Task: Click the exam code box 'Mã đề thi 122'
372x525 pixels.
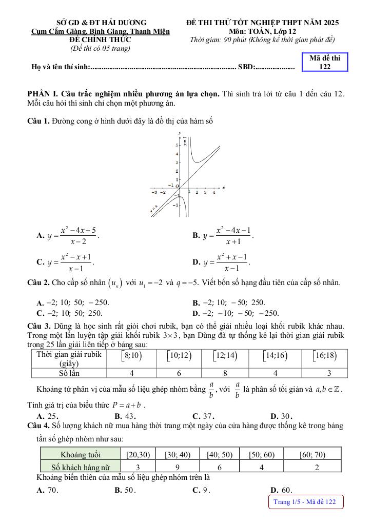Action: [325, 62]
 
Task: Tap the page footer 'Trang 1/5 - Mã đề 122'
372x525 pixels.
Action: [305, 501]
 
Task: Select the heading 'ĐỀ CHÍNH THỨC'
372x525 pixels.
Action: [101, 39]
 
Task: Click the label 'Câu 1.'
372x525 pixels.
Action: [38, 122]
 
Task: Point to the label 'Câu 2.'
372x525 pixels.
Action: [38, 282]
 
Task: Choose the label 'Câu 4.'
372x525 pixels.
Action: [38, 426]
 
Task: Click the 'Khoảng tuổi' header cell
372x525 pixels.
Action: [81, 454]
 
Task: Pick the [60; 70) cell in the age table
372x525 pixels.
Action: [312, 454]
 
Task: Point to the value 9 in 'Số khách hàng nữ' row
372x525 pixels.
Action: [177, 467]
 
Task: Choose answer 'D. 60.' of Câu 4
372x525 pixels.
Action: [281, 490]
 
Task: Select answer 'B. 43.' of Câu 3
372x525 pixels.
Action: [125, 416]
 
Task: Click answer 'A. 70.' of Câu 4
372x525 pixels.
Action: [47, 490]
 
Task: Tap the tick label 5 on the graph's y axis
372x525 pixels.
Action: [177, 146]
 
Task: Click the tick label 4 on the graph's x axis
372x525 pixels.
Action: [214, 192]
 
